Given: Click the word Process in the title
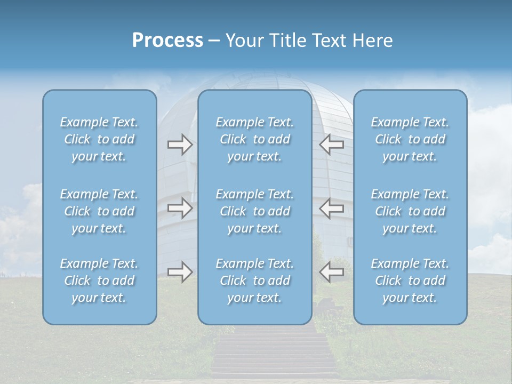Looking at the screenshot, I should point(167,41).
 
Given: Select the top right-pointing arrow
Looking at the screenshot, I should point(180,145).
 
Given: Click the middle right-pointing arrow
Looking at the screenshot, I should point(180,207).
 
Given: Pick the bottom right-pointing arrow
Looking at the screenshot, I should point(180,272).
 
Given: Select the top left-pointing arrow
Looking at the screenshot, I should point(332,145).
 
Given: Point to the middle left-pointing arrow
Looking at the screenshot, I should point(332,207).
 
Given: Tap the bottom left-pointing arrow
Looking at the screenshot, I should point(332,272).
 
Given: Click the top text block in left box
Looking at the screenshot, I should point(99,139).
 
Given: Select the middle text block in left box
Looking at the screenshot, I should point(99,211).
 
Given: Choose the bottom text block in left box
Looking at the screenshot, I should point(99,281).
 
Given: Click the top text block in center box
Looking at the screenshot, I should point(254,139).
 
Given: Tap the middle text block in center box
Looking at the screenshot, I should point(254,211).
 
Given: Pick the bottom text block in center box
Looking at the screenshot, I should point(254,281).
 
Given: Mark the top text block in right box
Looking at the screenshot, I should point(410,139).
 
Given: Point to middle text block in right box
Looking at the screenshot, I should point(410,211).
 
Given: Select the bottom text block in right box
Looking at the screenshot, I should point(410,281).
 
